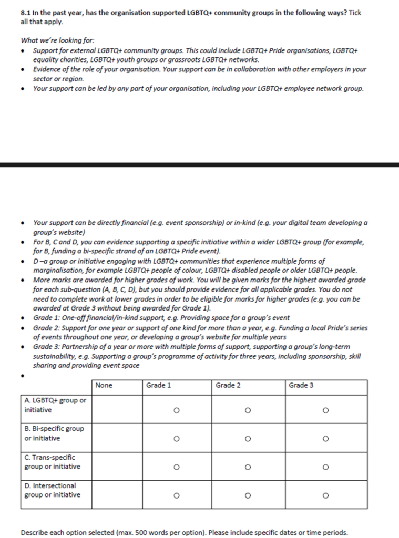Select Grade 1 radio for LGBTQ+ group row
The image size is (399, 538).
pyautogui.click(x=176, y=410)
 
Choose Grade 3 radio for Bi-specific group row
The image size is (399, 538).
pyautogui.click(x=326, y=438)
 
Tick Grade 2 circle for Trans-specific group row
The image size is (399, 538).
pyautogui.click(x=247, y=467)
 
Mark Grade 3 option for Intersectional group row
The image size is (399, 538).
pyautogui.click(x=326, y=495)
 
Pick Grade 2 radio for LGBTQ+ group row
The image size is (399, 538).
pyautogui.click(x=247, y=410)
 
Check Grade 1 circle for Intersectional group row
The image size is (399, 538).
pyautogui.click(x=176, y=495)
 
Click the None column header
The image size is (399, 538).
pyautogui.click(x=104, y=386)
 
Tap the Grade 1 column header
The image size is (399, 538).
pyautogui.click(x=158, y=386)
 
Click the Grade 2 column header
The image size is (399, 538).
pyautogui.click(x=228, y=386)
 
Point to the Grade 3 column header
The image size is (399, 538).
pyautogui.click(x=301, y=386)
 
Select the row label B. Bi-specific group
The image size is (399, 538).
pyautogui.click(x=54, y=433)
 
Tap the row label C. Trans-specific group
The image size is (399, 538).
pyautogui.click(x=52, y=462)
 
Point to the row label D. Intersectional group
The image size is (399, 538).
pyautogui.click(x=52, y=490)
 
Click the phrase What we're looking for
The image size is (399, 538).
pyautogui.click(x=58, y=40)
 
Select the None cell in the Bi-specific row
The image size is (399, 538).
pyautogui.click(x=117, y=438)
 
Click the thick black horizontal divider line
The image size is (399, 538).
pyautogui.click(x=199, y=164)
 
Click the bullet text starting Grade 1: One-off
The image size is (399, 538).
pyautogui.click(x=162, y=318)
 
